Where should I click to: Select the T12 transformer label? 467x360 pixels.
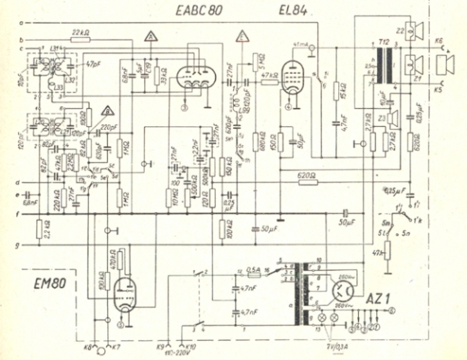pyautogui.click(x=384, y=41)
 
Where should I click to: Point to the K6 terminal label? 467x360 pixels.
pyautogui.click(x=439, y=40)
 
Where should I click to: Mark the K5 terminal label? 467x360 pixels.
pyautogui.click(x=439, y=89)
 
